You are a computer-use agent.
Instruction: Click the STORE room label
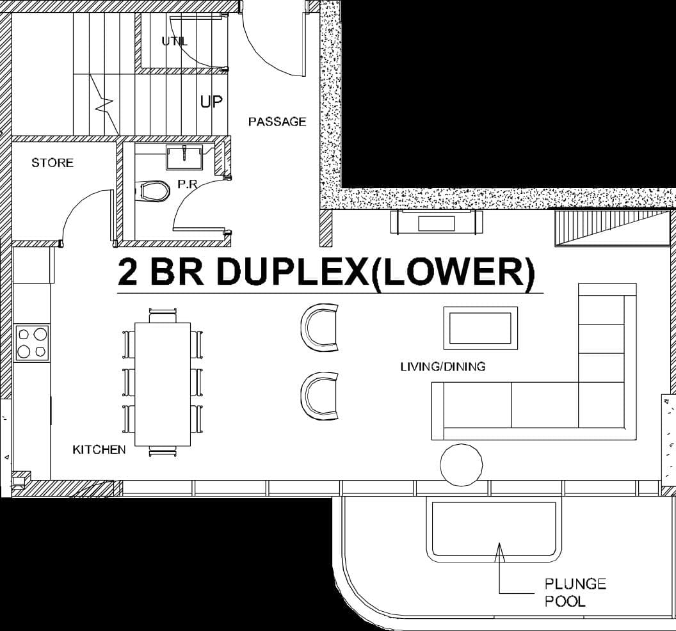point(52,163)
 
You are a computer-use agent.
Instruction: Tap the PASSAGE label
point(277,122)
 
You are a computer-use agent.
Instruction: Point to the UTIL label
point(175,41)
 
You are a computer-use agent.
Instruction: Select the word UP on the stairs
point(211,101)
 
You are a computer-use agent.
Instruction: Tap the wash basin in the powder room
point(184,156)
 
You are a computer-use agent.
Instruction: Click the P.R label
point(187,184)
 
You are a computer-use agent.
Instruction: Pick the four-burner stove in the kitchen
point(32,343)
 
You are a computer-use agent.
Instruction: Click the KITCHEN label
point(99,450)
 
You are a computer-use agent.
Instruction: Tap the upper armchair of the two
point(320,328)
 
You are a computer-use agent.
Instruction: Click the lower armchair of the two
point(320,396)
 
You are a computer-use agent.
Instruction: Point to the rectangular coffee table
point(481,328)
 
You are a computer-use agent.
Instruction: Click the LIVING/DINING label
point(442,367)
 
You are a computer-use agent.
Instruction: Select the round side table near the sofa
point(462,464)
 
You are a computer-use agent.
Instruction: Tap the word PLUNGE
point(575,584)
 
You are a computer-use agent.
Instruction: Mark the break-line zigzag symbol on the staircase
point(104,102)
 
